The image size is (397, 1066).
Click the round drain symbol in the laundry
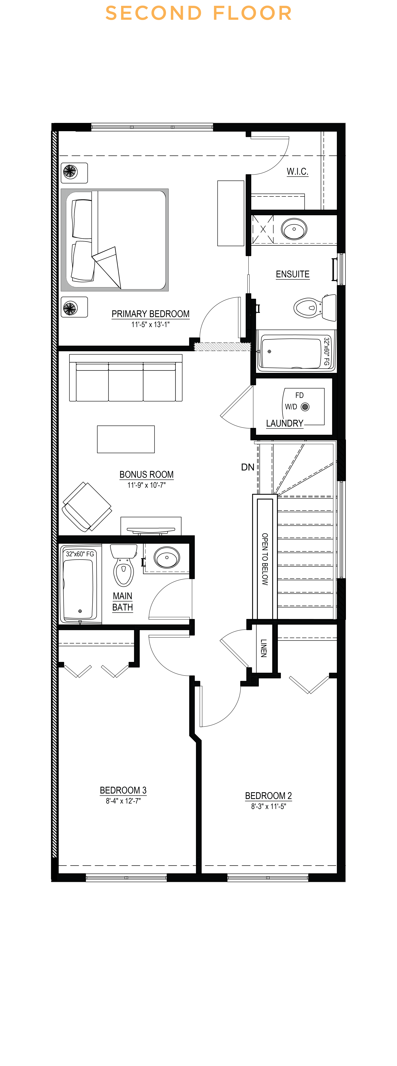pyautogui.click(x=305, y=407)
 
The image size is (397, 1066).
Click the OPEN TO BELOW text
pyautogui.click(x=265, y=559)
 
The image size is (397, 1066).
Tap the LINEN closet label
pyautogui.click(x=264, y=648)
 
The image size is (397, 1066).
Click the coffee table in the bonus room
pyautogui.click(x=126, y=439)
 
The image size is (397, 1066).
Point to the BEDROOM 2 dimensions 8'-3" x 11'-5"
pyautogui.click(x=268, y=806)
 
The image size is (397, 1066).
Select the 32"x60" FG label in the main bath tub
pyautogui.click(x=80, y=554)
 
